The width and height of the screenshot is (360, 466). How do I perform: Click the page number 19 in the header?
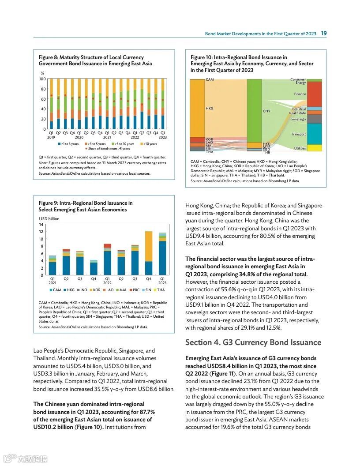pos(324,34)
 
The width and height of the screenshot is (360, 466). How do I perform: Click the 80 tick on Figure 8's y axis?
pos(43,89)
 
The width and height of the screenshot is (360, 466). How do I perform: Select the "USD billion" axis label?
pos(49,219)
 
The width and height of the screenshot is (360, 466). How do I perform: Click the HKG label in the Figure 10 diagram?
pos(210,108)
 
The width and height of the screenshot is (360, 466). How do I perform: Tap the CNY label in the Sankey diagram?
pos(266,111)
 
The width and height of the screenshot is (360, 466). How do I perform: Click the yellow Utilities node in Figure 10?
pos(315,148)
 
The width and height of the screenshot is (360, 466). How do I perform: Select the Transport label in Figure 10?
pos(299,134)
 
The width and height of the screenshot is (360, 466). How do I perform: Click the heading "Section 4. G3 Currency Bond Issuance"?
pos(253,342)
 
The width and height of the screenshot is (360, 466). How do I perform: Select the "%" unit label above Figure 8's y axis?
pos(42,73)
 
